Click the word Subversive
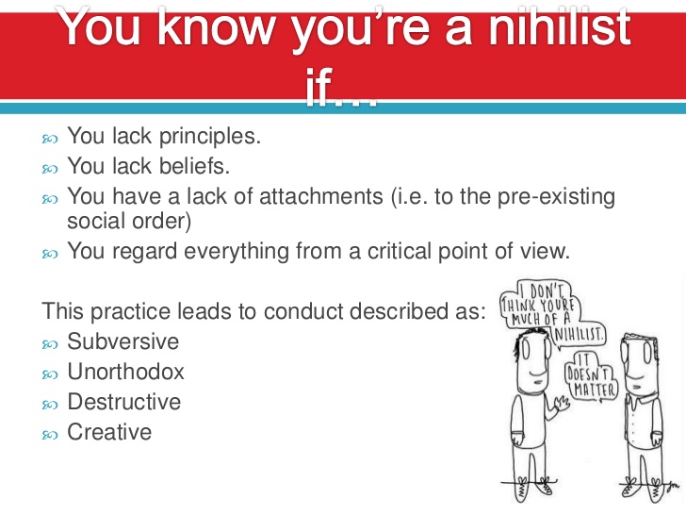(x=122, y=341)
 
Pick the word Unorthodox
(x=125, y=371)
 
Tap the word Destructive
(x=123, y=401)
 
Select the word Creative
(x=109, y=431)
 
